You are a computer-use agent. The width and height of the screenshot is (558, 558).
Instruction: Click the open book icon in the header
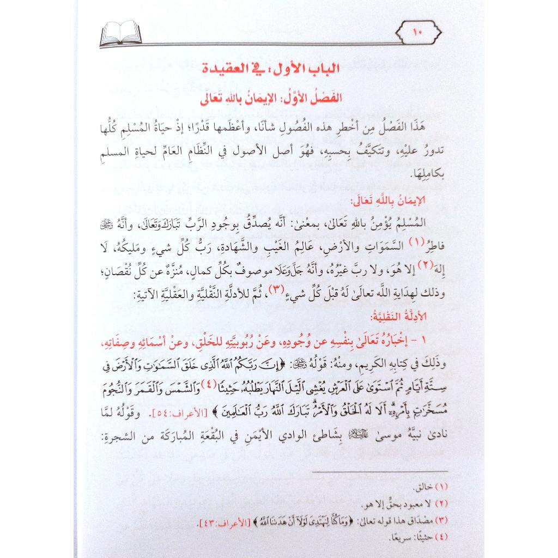point(121,34)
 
